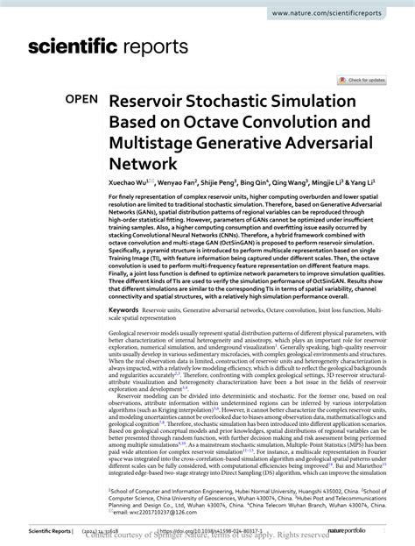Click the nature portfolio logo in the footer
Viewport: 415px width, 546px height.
pyautogui.click(x=368, y=530)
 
